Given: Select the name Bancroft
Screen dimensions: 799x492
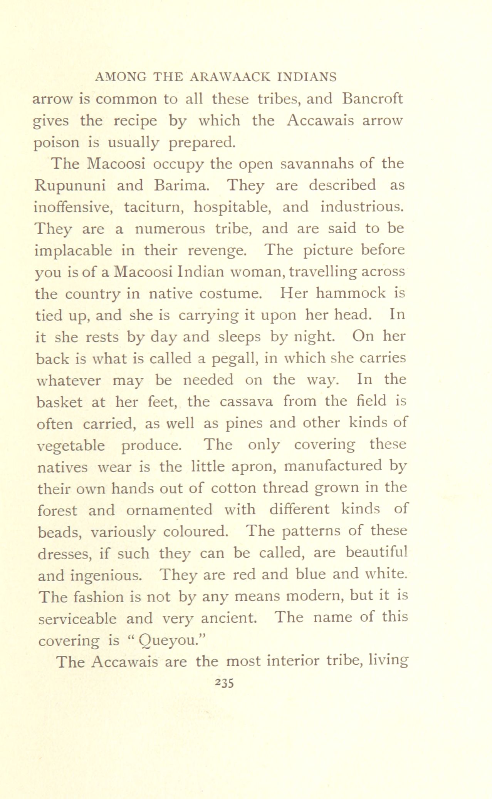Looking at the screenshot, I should click(x=372, y=99).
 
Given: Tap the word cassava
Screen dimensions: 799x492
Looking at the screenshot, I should click(x=247, y=401).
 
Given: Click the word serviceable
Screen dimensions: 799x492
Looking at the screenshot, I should click(x=77, y=618).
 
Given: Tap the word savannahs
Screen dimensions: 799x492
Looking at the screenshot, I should click(x=314, y=164).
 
